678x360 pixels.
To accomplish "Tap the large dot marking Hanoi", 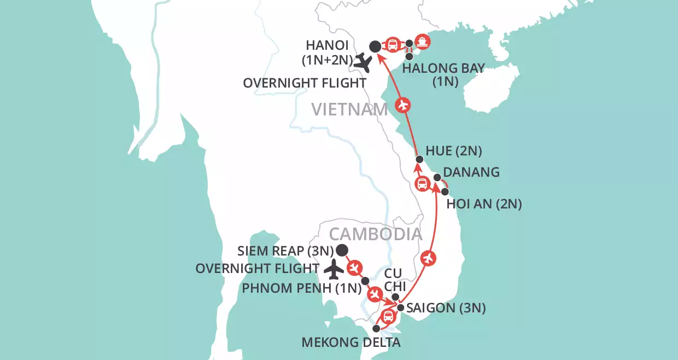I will coord(375,47).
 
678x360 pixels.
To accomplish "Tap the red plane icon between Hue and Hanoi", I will coord(403,104).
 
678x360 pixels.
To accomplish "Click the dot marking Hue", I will coord(419,159).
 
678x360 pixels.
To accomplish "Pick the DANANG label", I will coord(471,172).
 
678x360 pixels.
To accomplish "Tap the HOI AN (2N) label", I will coord(484,204).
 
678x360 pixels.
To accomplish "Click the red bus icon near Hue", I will coord(422,184).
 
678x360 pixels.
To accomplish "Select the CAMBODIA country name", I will coord(376,234).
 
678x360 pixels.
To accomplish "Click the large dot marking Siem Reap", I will coord(342,251).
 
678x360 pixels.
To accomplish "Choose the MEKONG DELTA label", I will coord(351,343).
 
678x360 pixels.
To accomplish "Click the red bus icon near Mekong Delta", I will coord(388,316).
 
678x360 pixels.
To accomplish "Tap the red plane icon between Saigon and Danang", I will coord(429,258).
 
